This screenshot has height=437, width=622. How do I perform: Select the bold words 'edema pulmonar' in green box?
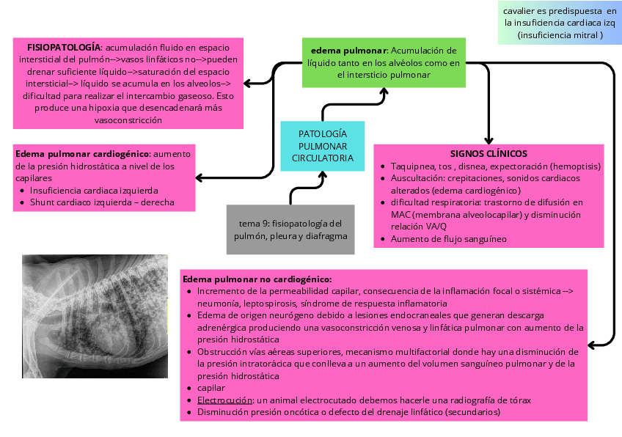point(348,51)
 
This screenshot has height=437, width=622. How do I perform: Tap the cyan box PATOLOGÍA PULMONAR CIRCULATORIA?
point(323,146)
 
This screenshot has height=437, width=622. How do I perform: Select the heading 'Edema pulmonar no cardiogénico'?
point(257,279)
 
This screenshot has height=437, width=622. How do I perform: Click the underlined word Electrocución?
point(225,400)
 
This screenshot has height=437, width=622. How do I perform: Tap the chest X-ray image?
point(95,314)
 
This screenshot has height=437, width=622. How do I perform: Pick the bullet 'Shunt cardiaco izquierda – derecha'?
point(103,202)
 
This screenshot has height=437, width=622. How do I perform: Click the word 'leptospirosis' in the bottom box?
point(268,303)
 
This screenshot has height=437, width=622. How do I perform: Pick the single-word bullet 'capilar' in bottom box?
point(211,388)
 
